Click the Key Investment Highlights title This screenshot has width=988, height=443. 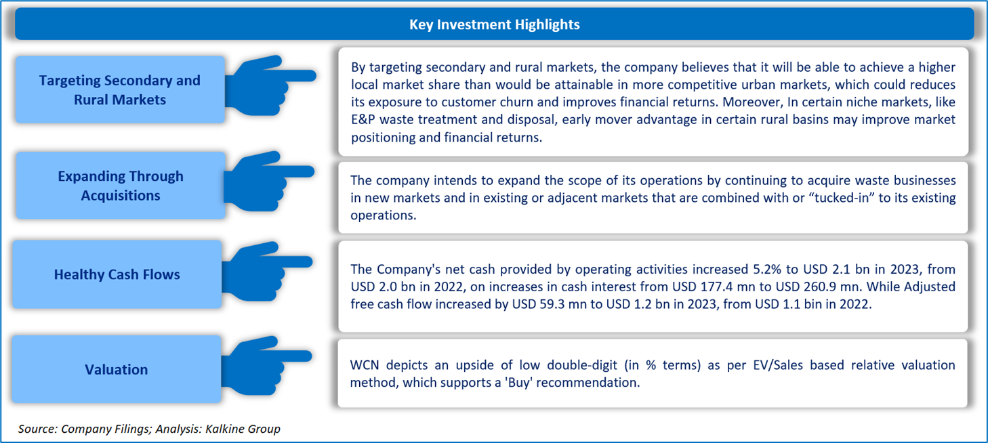coord(495,24)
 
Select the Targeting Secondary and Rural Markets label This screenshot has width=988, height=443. coord(119,89)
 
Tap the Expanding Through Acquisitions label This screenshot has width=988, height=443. coord(121,186)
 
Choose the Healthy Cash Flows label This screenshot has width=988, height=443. coord(117,274)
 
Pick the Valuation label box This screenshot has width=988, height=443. coord(117,369)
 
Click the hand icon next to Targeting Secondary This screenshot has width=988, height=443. coord(270,85)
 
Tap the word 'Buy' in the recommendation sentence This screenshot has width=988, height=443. coord(518,382)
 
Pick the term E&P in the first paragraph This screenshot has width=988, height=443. coord(363,119)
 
